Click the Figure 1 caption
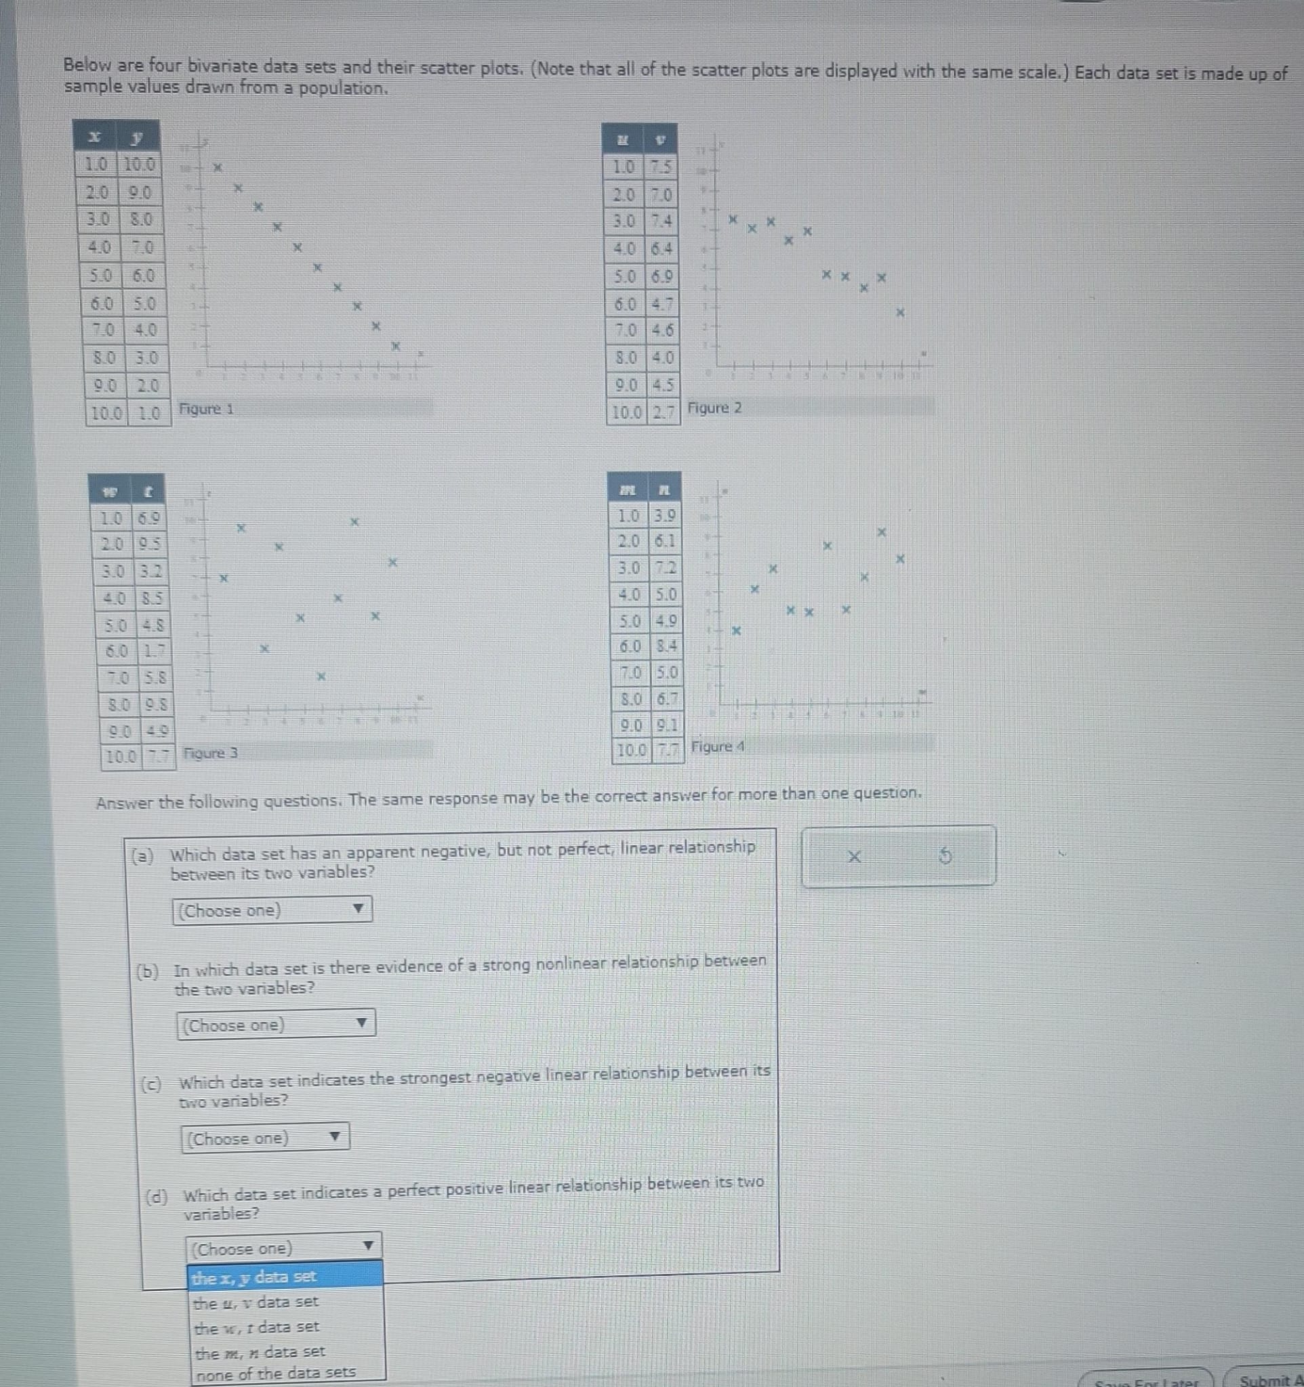point(207,409)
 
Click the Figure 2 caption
point(715,408)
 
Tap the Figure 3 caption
point(210,754)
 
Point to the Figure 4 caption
point(718,746)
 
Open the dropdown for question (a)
point(272,910)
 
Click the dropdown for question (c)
point(265,1138)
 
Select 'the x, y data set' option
point(285,1277)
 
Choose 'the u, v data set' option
point(285,1302)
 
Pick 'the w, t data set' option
point(285,1327)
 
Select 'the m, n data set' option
point(285,1352)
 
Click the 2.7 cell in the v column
point(664,412)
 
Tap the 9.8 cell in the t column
point(155,704)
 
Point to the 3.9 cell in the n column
point(666,516)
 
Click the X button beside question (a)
point(854,856)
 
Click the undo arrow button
point(945,855)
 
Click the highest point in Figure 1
point(217,167)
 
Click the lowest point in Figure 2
point(901,313)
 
